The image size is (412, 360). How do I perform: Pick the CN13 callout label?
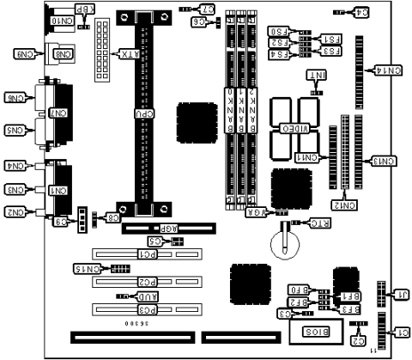(x=384, y=161)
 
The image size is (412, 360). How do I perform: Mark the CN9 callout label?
(x=23, y=54)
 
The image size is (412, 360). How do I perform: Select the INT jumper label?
(x=318, y=76)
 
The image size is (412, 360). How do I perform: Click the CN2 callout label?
(x=16, y=211)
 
